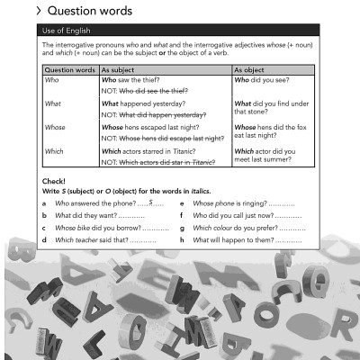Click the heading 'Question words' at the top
(89, 12)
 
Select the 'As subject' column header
(121, 68)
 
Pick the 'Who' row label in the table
(51, 80)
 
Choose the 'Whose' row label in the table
(54, 128)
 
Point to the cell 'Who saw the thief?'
(136, 80)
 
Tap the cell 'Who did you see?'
(262, 80)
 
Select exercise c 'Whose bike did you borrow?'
(99, 229)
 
